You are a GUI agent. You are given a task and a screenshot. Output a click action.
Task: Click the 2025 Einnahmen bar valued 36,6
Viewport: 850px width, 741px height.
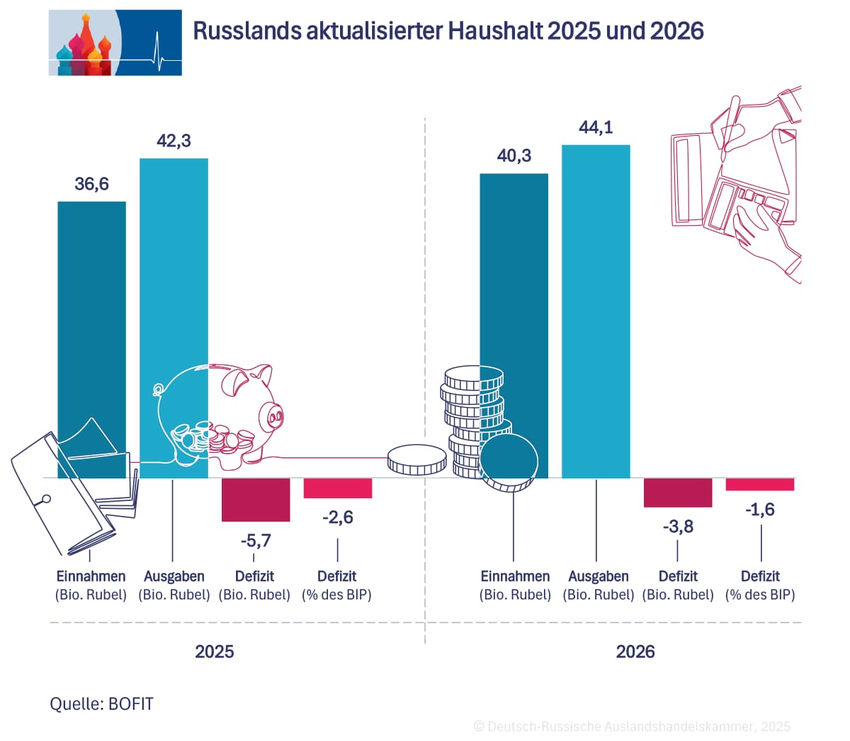91,318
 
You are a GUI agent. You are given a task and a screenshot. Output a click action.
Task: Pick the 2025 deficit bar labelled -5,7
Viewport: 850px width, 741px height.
256,500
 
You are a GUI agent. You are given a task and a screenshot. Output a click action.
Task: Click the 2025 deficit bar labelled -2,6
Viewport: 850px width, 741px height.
338,488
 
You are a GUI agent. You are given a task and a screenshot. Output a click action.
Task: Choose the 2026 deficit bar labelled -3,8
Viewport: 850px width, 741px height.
678,493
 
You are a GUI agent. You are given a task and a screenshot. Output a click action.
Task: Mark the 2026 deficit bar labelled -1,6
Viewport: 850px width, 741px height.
760,485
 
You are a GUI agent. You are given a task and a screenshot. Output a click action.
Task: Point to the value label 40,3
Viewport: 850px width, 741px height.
514,156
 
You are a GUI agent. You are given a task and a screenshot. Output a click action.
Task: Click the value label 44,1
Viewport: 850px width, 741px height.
596,127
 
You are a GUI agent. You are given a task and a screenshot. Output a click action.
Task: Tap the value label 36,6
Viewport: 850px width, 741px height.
91,184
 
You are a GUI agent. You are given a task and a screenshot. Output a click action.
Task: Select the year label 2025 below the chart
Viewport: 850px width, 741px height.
214,651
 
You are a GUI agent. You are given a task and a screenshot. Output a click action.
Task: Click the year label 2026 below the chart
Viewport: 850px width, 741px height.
635,651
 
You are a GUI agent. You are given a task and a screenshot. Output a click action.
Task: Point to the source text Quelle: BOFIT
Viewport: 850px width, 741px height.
101,704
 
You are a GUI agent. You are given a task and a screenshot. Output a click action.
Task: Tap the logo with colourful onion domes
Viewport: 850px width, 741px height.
115,43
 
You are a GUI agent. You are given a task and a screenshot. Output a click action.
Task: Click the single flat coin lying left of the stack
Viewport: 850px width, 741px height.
417,460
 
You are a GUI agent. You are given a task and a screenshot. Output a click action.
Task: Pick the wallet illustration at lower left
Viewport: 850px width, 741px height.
67,488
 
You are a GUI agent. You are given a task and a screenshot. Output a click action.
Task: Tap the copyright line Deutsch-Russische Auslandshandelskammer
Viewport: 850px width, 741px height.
632,727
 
